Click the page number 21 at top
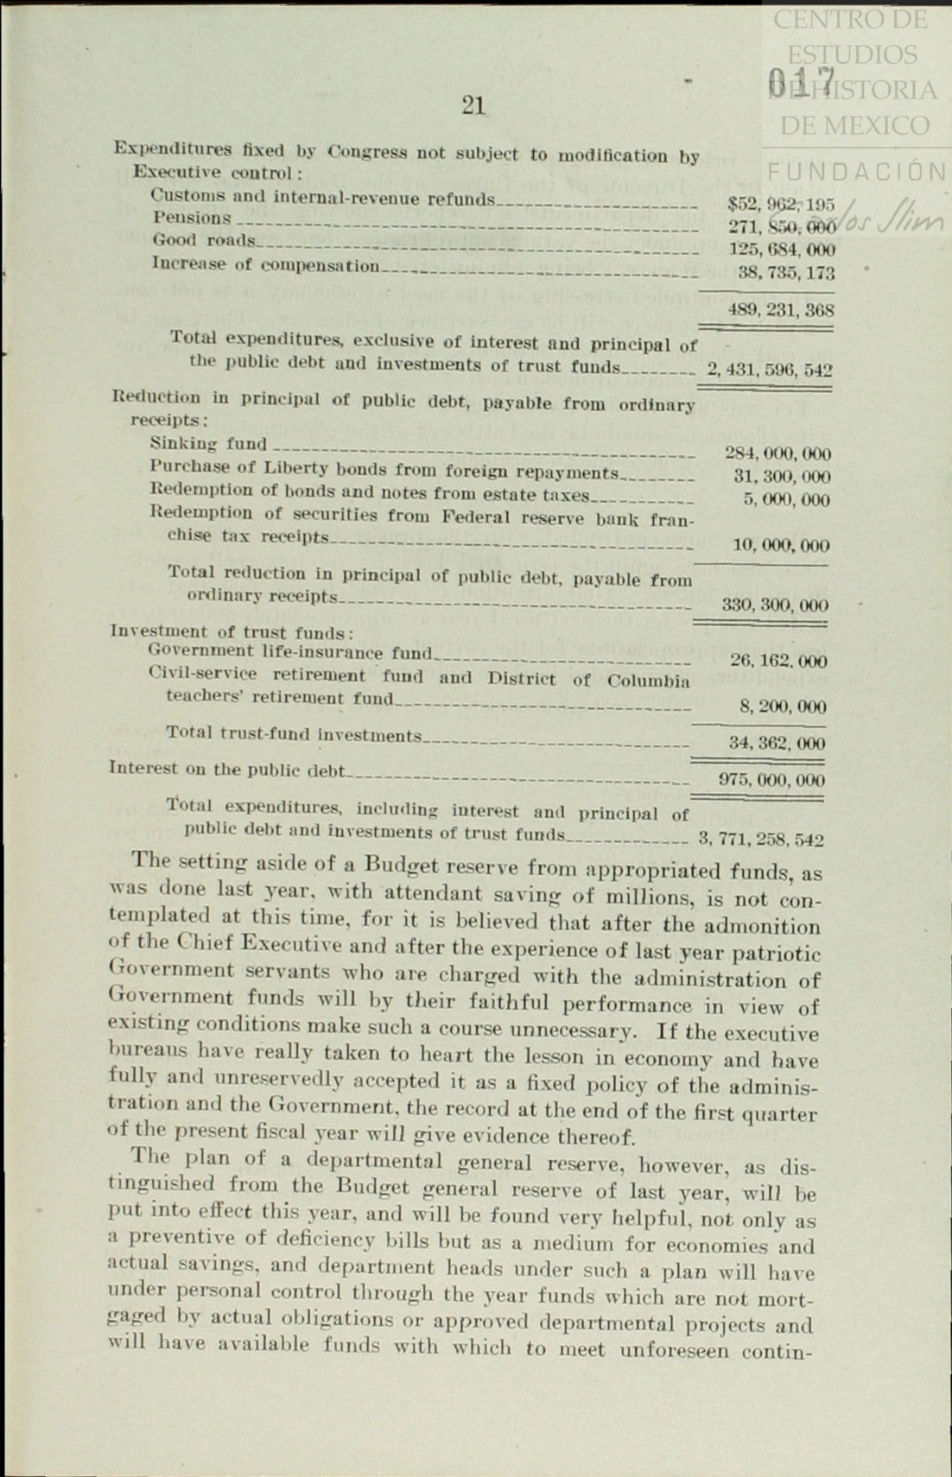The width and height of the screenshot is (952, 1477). (x=473, y=105)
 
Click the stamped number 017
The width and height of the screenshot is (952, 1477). (x=801, y=83)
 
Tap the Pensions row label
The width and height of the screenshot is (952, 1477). (x=192, y=219)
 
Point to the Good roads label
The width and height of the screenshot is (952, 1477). (x=204, y=240)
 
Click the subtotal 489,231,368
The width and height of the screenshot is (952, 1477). (x=780, y=309)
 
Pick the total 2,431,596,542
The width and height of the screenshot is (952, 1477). (x=769, y=370)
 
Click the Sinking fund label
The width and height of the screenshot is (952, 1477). (x=208, y=444)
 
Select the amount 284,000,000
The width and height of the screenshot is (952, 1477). (x=777, y=453)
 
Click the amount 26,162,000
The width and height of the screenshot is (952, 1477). (x=777, y=662)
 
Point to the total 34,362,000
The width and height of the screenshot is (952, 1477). (x=776, y=743)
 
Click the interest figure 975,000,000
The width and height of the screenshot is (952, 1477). (x=771, y=780)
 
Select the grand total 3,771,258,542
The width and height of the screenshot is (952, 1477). (x=759, y=839)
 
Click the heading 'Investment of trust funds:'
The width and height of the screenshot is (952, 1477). (x=232, y=631)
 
